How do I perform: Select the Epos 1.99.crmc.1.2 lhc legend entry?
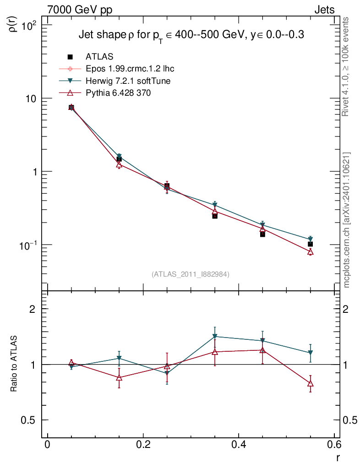[x=130, y=69]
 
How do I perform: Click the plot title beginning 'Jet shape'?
[x=191, y=36]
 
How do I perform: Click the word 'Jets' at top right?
[x=324, y=10]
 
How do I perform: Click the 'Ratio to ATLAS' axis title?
[x=14, y=364]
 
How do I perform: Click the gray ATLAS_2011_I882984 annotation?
[x=191, y=274]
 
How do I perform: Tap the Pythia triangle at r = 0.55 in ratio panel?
[x=310, y=384]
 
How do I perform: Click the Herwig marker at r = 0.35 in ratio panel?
[x=215, y=337]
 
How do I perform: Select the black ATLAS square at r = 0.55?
[x=310, y=244]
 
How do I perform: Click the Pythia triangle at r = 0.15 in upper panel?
[x=119, y=164]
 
